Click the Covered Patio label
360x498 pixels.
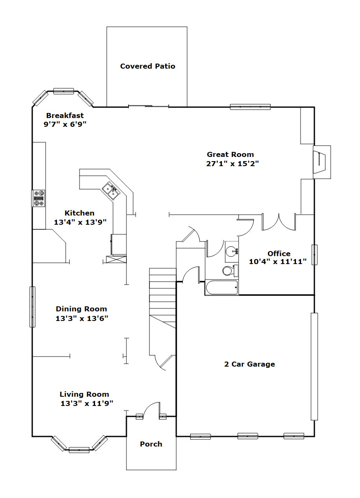coord(147,66)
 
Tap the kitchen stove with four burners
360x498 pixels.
coord(38,198)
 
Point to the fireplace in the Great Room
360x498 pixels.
coord(321,162)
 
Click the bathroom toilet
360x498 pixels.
coord(230,270)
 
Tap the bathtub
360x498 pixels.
coord(221,288)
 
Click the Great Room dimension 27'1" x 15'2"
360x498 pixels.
coord(233,164)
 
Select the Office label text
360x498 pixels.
coord(279,254)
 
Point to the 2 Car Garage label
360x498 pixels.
coord(249,364)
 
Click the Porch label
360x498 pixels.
coord(151,444)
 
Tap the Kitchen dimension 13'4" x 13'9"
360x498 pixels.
coord(80,222)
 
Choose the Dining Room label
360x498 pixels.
coord(81,309)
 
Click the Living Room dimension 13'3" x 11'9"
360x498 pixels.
coord(87,403)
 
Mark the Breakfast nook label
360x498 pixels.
coord(65,115)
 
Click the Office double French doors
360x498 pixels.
coord(279,222)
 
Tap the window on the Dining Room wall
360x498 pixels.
coord(32,307)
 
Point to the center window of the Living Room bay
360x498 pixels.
coord(79,450)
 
